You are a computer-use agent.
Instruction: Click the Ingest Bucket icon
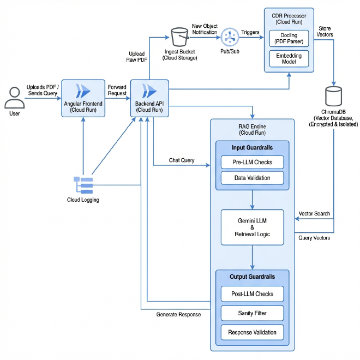[179, 38]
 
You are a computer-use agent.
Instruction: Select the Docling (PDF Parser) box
[289, 39]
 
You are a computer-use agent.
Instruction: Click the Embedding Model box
[289, 58]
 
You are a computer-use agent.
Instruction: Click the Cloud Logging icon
[83, 185]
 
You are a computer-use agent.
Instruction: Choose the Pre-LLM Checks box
[252, 162]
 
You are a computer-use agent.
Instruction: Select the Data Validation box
[252, 178]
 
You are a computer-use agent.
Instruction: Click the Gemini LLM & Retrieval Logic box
[252, 227]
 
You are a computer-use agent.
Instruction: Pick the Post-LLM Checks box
[252, 294]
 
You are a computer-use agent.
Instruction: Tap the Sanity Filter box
[252, 313]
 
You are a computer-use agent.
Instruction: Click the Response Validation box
[252, 332]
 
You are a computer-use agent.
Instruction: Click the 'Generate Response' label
[178, 315]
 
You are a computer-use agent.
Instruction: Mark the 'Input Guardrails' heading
[252, 147]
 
